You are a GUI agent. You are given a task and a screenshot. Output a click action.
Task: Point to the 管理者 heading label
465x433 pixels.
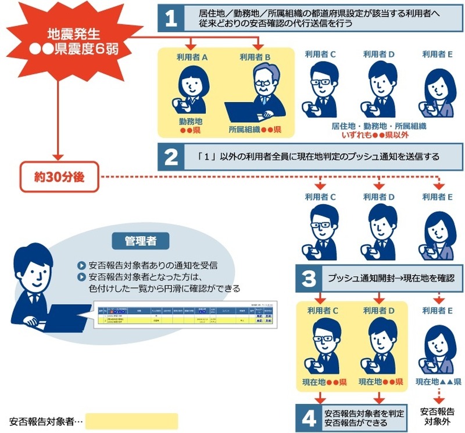(x=139, y=240)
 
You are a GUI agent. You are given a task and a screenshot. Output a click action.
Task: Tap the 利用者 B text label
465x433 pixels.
(x=259, y=57)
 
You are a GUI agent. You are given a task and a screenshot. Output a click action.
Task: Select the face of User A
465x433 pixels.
(x=191, y=84)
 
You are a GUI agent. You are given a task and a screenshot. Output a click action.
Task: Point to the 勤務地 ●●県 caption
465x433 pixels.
(x=191, y=125)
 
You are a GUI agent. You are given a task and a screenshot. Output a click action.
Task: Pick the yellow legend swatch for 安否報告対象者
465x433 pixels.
(x=131, y=421)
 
